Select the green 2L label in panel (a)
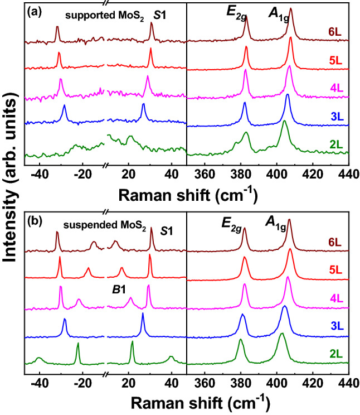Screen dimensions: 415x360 pos(335,144)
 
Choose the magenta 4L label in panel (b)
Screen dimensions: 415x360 pos(335,298)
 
